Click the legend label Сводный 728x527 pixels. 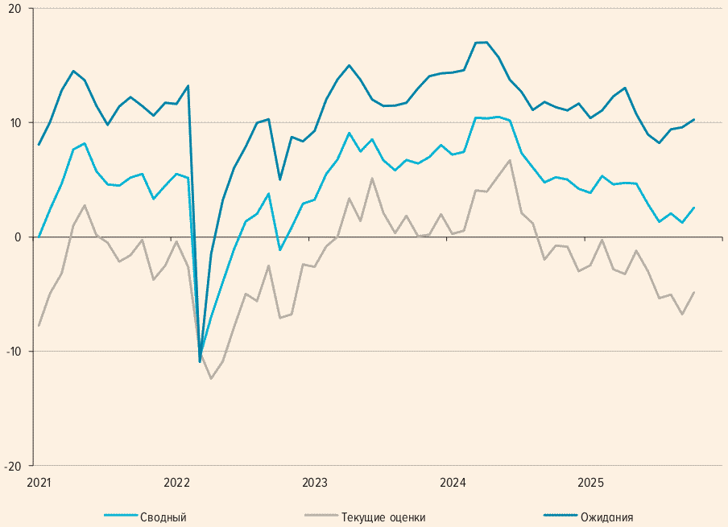point(163,517)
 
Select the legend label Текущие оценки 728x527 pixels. point(383,517)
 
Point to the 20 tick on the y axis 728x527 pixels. point(15,8)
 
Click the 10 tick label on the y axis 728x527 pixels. point(15,122)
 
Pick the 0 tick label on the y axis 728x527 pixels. point(19,237)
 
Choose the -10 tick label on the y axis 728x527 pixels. point(14,352)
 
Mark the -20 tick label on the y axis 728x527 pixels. point(14,466)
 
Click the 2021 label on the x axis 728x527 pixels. point(39,483)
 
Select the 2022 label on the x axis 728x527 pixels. point(176,483)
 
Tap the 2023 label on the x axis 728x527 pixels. point(315,483)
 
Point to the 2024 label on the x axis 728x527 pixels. point(453,483)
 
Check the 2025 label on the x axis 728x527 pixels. point(590,483)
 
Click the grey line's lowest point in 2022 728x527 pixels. point(211,378)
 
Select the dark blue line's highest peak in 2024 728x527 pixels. point(486,42)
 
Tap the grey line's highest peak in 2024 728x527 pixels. point(510,160)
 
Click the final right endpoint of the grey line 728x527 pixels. point(694,292)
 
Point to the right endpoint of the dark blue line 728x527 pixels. point(694,119)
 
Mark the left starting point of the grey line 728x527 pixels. point(39,326)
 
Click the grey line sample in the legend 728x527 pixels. point(320,517)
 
